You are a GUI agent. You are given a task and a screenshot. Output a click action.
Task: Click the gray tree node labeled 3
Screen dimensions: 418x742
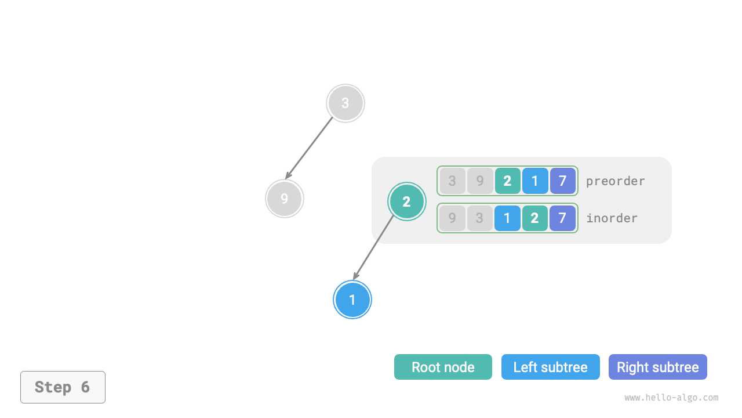click(x=345, y=103)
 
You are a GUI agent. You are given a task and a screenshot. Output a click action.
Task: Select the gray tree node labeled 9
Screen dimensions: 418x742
click(x=285, y=199)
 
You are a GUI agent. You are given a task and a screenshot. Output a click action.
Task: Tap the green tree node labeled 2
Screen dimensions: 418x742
click(x=406, y=201)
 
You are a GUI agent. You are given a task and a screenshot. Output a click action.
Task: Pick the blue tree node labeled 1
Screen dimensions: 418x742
click(x=352, y=300)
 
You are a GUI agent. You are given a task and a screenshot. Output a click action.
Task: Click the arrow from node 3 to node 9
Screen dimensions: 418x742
click(x=310, y=147)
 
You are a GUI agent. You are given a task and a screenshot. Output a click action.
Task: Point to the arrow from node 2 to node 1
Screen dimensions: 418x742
click(x=374, y=247)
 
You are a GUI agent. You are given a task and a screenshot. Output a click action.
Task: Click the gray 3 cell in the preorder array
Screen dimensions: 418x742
click(x=453, y=181)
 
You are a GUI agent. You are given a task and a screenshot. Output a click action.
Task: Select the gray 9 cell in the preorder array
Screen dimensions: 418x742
click(x=480, y=181)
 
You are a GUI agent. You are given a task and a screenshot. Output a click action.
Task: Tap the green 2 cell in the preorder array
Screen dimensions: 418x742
click(x=507, y=181)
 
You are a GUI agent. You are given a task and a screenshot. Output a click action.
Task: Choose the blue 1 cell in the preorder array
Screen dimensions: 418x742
click(x=535, y=181)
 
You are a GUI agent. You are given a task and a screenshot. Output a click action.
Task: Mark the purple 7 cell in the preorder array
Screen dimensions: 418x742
click(x=562, y=181)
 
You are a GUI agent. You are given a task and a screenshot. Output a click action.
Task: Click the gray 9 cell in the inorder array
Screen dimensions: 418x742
click(x=453, y=218)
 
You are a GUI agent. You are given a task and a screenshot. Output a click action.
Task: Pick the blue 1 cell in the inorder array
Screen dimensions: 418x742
click(x=507, y=218)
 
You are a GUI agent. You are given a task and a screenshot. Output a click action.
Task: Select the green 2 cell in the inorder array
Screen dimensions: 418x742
click(x=535, y=218)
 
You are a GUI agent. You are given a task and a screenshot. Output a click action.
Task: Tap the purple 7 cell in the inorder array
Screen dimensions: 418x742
click(x=562, y=218)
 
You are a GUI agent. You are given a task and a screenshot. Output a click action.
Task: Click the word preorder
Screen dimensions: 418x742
click(x=615, y=181)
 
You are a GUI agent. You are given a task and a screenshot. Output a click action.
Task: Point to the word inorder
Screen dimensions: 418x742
click(x=612, y=218)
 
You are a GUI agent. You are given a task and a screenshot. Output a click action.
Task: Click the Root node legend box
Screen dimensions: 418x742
click(x=443, y=367)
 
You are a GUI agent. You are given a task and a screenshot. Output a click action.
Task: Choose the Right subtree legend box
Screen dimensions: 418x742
click(x=657, y=367)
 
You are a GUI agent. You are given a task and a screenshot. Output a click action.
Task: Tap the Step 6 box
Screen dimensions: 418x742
click(x=63, y=387)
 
